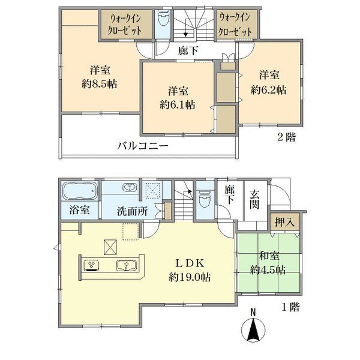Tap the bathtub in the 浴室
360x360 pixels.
80,191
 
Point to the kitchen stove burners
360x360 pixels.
92,265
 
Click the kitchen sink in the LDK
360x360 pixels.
127,265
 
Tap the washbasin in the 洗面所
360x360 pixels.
130,187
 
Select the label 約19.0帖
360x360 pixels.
190,277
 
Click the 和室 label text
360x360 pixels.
269,256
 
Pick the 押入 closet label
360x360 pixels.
284,222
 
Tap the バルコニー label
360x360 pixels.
143,146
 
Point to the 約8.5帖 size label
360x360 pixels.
100,84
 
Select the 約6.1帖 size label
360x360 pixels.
178,105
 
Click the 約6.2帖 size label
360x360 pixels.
268,90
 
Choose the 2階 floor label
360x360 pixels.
287,137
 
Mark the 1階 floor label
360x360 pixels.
290,307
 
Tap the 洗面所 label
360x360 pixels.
132,211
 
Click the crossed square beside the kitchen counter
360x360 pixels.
110,247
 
